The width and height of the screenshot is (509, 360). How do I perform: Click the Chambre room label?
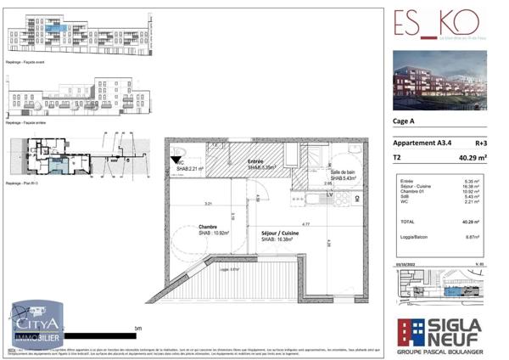[x=208, y=227]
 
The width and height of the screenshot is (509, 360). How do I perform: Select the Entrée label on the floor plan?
[x=255, y=161]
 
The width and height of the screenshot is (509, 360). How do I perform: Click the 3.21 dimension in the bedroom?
[x=207, y=204]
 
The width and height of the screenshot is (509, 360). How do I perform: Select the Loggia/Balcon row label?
[x=415, y=238]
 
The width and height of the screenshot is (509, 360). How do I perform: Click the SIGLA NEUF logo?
[x=440, y=334]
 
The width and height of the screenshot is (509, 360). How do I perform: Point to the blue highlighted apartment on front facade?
[x=56, y=27]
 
